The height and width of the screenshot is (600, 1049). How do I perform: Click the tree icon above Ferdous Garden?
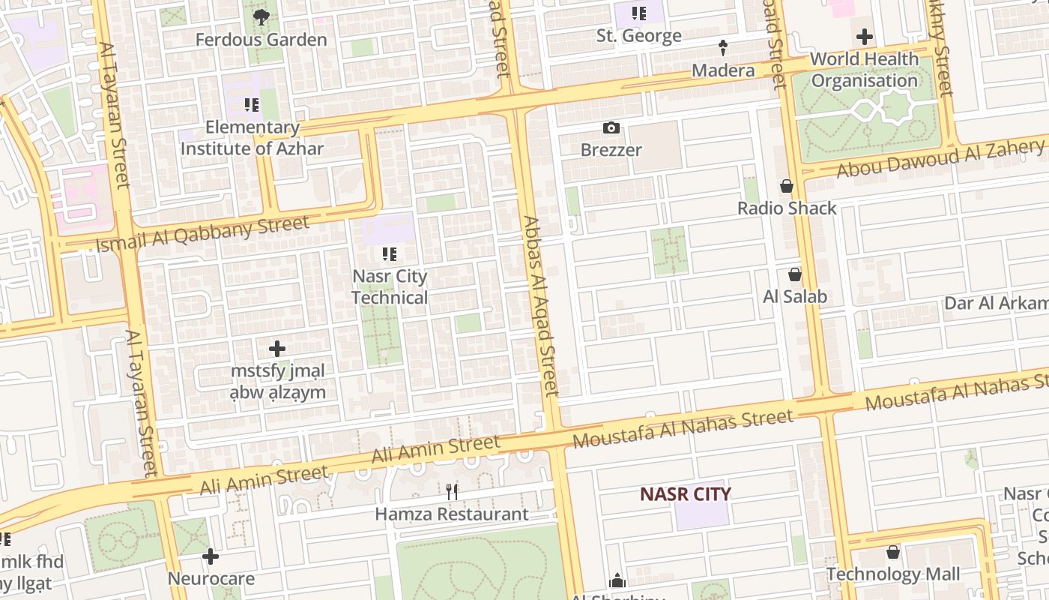point(261,17)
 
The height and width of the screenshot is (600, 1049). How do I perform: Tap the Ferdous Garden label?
point(261,40)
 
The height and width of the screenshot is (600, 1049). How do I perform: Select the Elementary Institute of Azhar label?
point(252,138)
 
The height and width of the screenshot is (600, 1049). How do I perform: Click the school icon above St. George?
point(638,13)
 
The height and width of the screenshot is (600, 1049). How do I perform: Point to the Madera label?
point(723,70)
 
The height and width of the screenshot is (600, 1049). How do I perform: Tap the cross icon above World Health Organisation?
point(865,36)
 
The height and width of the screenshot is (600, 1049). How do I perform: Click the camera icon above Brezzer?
point(611,128)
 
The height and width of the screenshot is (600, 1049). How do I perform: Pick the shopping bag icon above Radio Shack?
point(787,186)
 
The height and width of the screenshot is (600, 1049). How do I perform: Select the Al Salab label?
point(795,297)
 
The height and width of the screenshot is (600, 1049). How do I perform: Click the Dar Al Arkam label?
point(995,303)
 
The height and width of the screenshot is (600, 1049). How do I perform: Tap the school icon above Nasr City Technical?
point(389,254)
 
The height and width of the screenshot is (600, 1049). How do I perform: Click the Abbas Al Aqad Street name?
point(540,306)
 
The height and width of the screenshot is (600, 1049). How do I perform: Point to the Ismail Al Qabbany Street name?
point(202,233)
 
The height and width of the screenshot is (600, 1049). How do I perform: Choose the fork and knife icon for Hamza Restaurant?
point(452,492)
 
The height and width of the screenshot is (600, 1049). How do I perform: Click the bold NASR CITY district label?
point(685,494)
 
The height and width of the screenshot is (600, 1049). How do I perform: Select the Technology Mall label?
point(893,574)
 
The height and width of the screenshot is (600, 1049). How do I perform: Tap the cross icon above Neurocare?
point(211,556)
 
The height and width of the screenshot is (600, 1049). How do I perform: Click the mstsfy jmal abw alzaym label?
point(278,382)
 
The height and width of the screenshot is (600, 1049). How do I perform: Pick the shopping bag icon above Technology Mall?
point(893,553)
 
